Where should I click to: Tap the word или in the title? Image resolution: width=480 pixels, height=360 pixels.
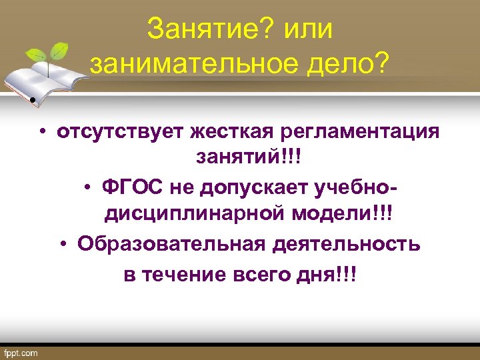pos(307,30)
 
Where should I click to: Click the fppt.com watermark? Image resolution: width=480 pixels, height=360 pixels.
pos(22,352)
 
